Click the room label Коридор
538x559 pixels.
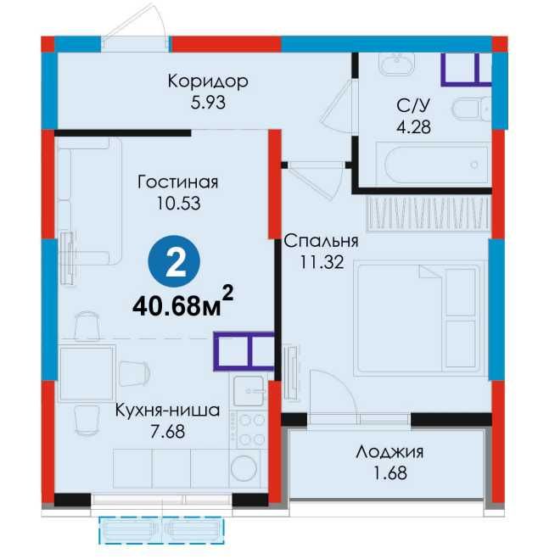207,82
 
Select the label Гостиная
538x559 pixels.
177,182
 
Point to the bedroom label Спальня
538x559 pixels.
322,241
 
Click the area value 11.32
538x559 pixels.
321,261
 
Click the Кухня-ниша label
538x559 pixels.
167,411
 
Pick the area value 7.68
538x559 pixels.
167,431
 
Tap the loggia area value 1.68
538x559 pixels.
389,472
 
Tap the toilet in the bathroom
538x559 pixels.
471,110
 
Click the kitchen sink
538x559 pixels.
251,391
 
